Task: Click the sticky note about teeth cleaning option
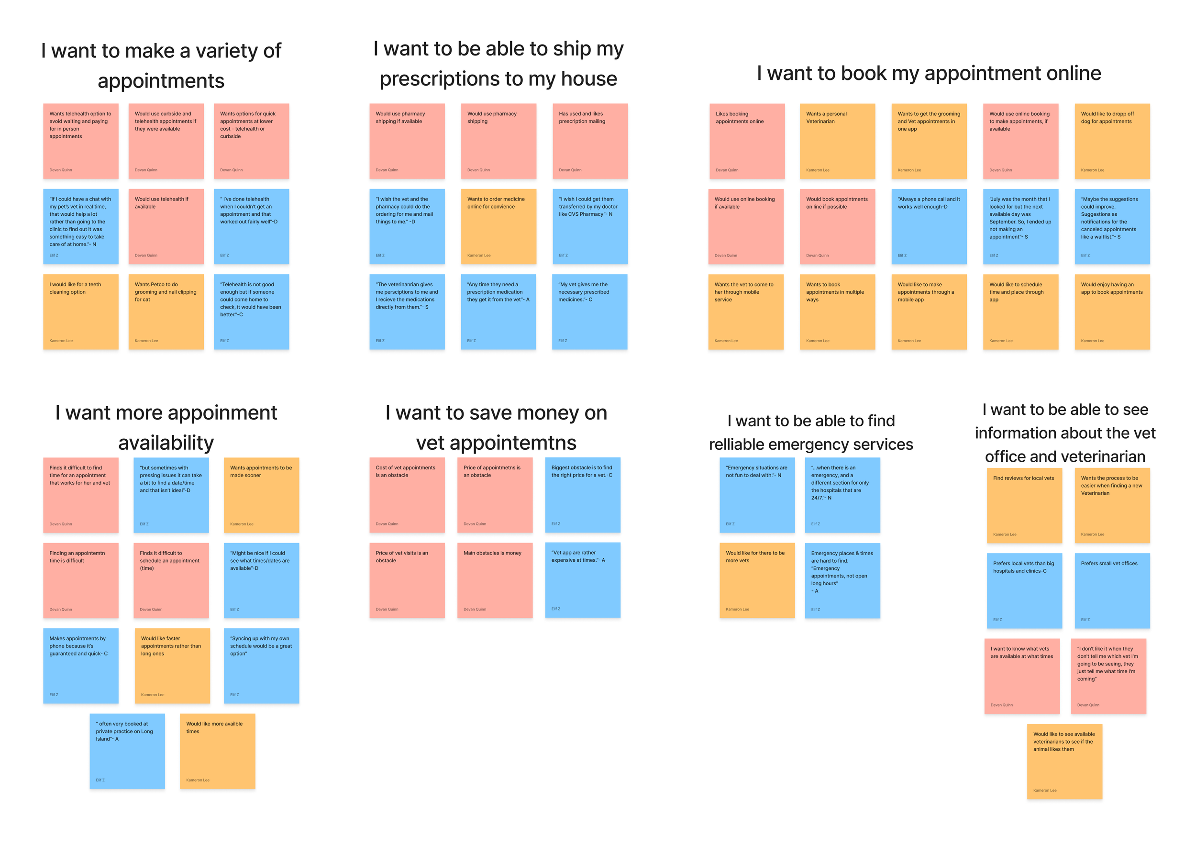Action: click(81, 311)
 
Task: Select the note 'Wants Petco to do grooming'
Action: click(166, 311)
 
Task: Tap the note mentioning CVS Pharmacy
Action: click(590, 226)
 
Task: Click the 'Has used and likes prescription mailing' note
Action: click(590, 141)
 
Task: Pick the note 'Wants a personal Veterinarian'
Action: click(837, 141)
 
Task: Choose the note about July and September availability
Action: click(1020, 226)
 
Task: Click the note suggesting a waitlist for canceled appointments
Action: click(1112, 226)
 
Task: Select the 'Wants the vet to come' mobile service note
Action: click(745, 311)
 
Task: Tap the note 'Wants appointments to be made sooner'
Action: click(262, 495)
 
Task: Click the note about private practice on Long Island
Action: click(127, 751)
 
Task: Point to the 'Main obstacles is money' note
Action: click(495, 580)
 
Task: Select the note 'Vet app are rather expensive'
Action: click(582, 580)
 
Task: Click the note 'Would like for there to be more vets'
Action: click(757, 580)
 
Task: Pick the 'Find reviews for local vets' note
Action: click(1024, 505)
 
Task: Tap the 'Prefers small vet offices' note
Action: click(1112, 591)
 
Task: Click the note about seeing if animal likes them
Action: click(1065, 761)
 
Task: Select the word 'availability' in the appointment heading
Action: click(166, 443)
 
